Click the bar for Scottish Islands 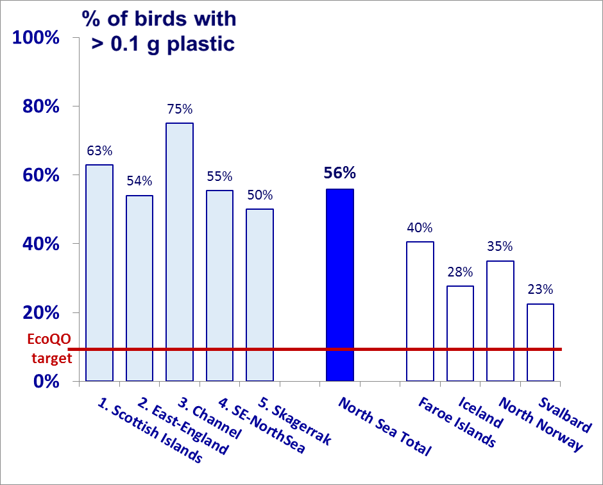(99, 273)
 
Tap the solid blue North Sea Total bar (340, 285)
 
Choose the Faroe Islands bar (420, 311)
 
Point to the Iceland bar (460, 333)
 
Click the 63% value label (99, 151)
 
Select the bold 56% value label (340, 173)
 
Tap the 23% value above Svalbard (540, 289)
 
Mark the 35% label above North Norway (500, 246)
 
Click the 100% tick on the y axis (36, 38)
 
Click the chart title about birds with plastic (159, 31)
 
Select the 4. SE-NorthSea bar (219, 285)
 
